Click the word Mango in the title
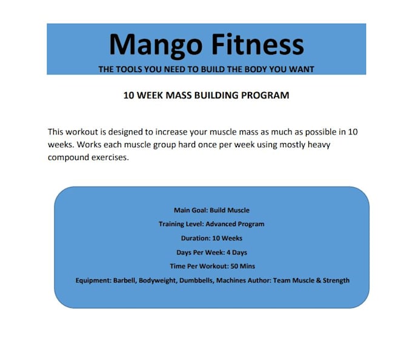(x=156, y=45)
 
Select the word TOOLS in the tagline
(x=129, y=69)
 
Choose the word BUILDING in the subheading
(x=216, y=95)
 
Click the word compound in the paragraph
(x=68, y=158)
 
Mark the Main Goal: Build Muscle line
(x=211, y=210)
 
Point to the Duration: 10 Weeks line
(x=211, y=238)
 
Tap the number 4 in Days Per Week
(x=228, y=253)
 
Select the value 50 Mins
(x=242, y=266)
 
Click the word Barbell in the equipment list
(x=125, y=281)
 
